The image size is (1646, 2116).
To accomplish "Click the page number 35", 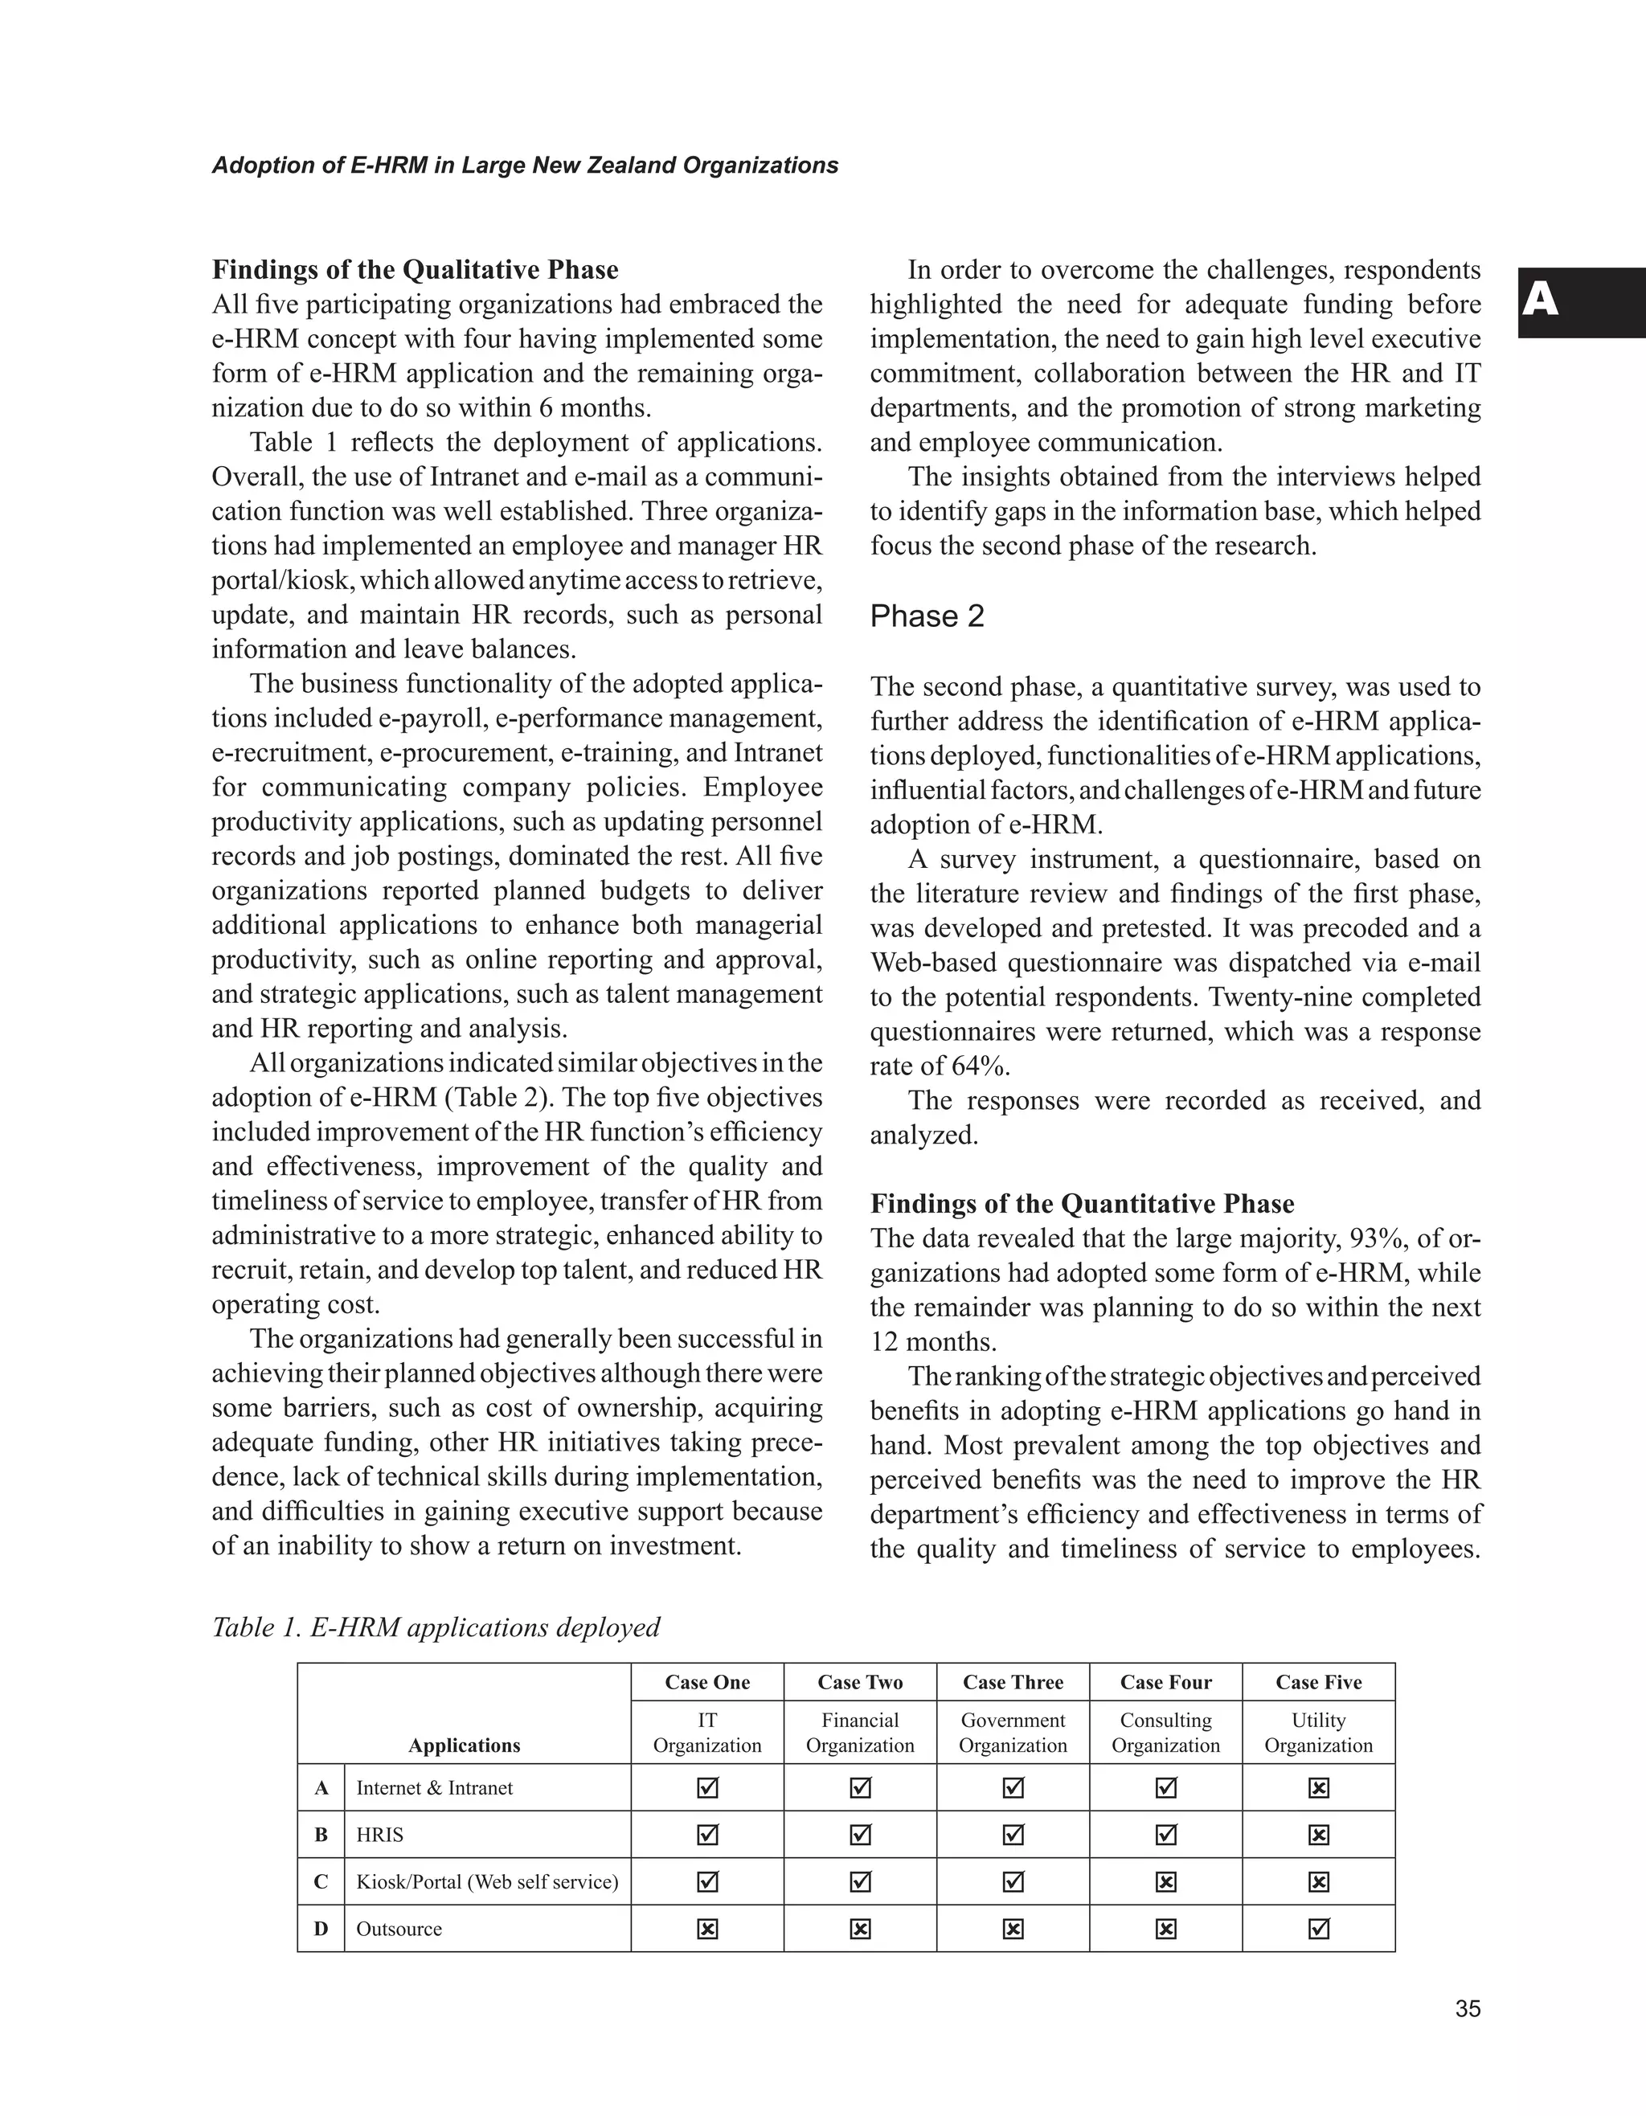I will [1467, 2008].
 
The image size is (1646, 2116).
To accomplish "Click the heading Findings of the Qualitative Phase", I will [415, 268].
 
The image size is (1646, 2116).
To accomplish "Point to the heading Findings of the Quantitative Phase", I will [1081, 1203].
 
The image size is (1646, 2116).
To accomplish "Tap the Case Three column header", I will [1013, 1682].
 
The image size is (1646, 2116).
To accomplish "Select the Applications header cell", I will [463, 1745].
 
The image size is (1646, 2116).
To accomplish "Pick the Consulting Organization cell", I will [1165, 1733].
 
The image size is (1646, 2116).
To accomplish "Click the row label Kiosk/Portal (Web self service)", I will [486, 1881].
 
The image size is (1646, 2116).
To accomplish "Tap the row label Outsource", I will [398, 1928].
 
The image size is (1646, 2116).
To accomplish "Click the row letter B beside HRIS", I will [321, 1834].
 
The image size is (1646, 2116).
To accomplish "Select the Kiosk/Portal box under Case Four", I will [1165, 1881].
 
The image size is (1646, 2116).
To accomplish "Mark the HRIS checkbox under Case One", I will [707, 1834].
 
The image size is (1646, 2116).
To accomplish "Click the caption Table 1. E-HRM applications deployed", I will [435, 1627].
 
